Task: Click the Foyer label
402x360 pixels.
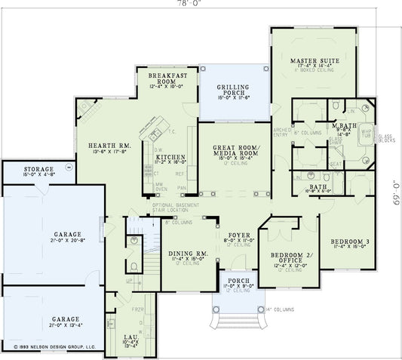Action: [x=238, y=235]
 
